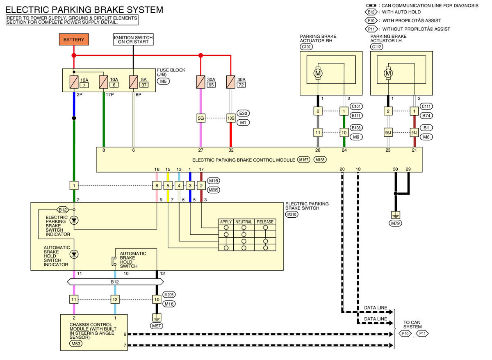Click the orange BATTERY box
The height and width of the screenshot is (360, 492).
pyautogui.click(x=74, y=39)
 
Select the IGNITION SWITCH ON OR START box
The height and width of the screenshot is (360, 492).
pyautogui.click(x=133, y=39)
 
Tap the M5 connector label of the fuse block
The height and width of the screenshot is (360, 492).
pyautogui.click(x=163, y=81)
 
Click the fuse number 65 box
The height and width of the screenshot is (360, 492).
pyautogui.click(x=211, y=85)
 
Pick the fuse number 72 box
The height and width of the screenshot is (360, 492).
pyautogui.click(x=241, y=85)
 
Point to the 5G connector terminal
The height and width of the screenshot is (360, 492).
pyautogui.click(x=201, y=118)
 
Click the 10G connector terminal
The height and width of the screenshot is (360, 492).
pyautogui.click(x=231, y=118)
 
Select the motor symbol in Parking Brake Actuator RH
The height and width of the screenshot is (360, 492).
pyautogui.click(x=318, y=73)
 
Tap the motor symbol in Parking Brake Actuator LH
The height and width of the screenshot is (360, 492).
pyautogui.click(x=388, y=73)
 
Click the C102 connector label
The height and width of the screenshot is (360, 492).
pyautogui.click(x=306, y=47)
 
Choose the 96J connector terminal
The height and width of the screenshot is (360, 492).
pyautogui.click(x=388, y=133)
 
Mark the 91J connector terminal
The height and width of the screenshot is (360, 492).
pyautogui.click(x=414, y=133)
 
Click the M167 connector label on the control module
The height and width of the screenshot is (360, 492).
pyautogui.click(x=303, y=159)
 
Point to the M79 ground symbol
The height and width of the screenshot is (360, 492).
pyautogui.click(x=395, y=214)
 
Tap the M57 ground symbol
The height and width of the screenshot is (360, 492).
pyautogui.click(x=157, y=317)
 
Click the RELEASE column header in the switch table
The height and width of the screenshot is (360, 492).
pyautogui.click(x=265, y=222)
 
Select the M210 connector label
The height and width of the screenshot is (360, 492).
pyautogui.click(x=292, y=214)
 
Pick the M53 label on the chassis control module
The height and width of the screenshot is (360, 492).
pyautogui.click(x=76, y=344)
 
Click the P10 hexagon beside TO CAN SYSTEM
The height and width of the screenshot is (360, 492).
pyautogui.click(x=405, y=334)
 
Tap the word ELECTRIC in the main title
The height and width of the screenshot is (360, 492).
pyautogui.click(x=27, y=10)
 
